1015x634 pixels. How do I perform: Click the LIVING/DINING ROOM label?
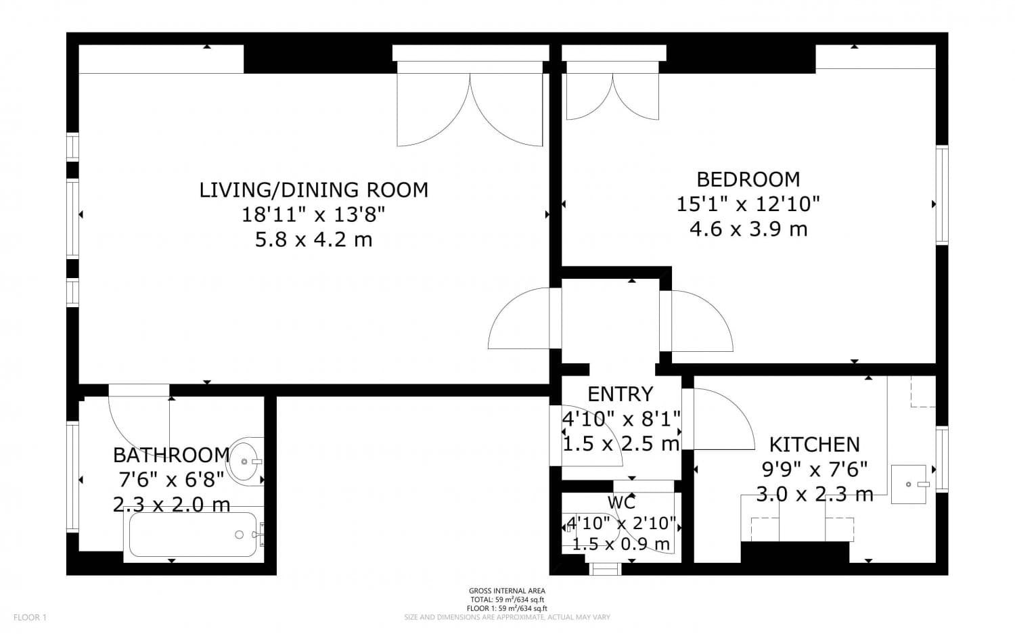[x=313, y=190]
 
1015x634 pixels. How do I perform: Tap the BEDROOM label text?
[x=748, y=179]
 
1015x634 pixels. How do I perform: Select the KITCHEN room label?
[x=814, y=445]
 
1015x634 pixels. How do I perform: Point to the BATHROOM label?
[x=171, y=455]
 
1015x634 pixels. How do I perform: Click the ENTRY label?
[x=620, y=394]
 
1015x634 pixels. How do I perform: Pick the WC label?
[x=621, y=503]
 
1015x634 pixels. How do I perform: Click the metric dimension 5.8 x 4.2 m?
[x=313, y=240]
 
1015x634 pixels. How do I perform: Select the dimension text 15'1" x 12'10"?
[x=748, y=204]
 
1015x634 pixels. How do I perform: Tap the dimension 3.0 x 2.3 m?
[x=814, y=495]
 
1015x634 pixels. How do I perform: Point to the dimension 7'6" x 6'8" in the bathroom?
[x=171, y=480]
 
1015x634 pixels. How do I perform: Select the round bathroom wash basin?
[x=244, y=461]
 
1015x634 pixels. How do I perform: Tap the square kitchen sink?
[x=911, y=484]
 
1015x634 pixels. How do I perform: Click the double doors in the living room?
[x=470, y=108]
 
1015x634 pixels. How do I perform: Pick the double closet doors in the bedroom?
[x=612, y=95]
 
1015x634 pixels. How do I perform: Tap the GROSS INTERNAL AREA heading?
[x=507, y=591]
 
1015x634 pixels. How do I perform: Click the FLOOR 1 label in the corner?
[x=30, y=617]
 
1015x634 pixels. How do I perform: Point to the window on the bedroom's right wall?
[x=941, y=195]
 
